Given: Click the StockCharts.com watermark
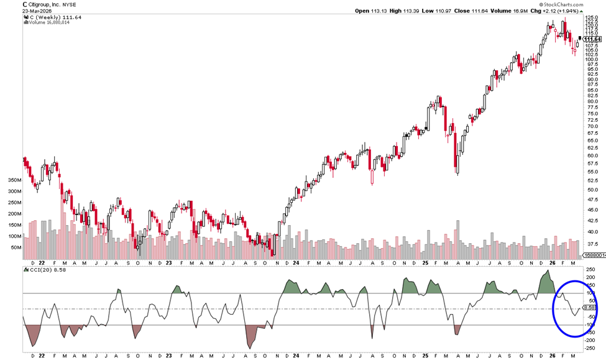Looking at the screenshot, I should pyautogui.click(x=558, y=4).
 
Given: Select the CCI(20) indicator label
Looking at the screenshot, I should pyautogui.click(x=40, y=270).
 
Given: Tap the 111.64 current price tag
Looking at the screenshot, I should pyautogui.click(x=594, y=39).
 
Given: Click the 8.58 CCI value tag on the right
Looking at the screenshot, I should pyautogui.click(x=592, y=307).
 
